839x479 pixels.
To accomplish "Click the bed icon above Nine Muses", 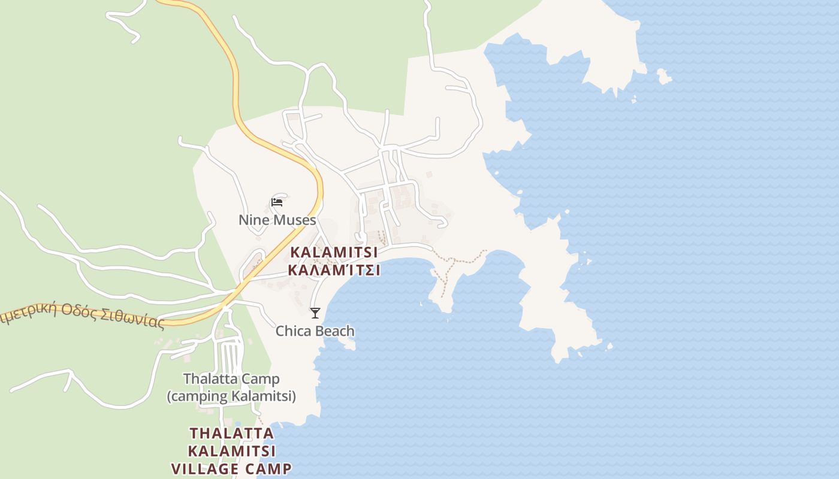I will click(x=277, y=202).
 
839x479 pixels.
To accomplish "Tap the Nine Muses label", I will click(x=277, y=220).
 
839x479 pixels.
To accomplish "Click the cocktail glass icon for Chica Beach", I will click(x=315, y=313).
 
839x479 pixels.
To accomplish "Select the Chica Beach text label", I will click(x=315, y=331).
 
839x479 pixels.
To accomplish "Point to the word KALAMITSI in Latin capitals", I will click(x=334, y=252).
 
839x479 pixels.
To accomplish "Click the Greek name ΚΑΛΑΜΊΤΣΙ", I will click(x=334, y=270).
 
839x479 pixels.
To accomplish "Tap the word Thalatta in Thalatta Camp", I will click(x=206, y=379).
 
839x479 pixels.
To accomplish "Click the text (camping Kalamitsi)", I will click(x=231, y=396).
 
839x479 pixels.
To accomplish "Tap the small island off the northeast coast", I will click(x=663, y=77).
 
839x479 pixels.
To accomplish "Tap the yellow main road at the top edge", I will click(x=180, y=3).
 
